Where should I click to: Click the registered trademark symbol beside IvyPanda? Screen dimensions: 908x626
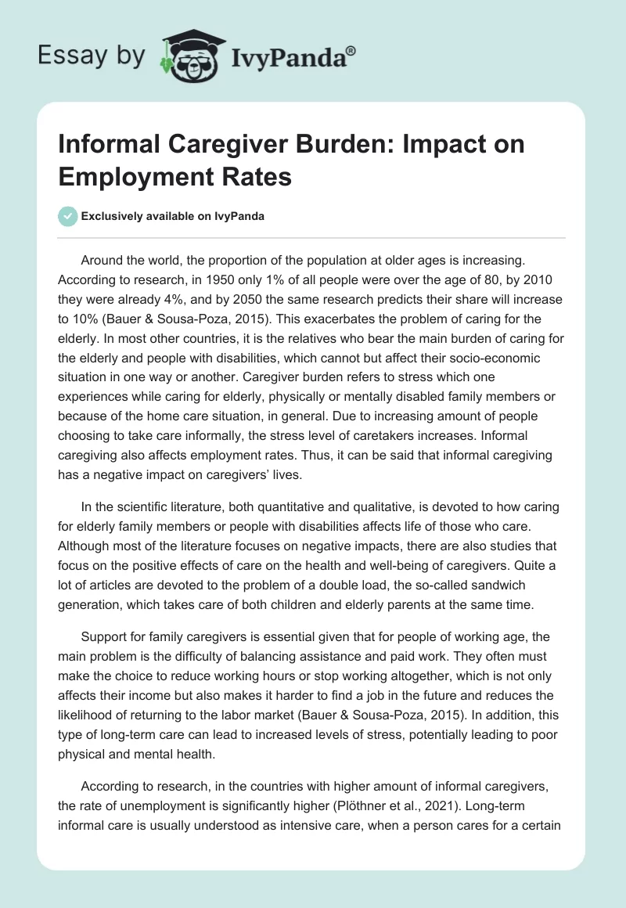pyautogui.click(x=351, y=50)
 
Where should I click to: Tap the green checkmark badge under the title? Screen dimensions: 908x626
pyautogui.click(x=68, y=216)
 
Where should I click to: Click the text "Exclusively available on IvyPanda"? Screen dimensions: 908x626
pyautogui.click(x=172, y=217)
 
